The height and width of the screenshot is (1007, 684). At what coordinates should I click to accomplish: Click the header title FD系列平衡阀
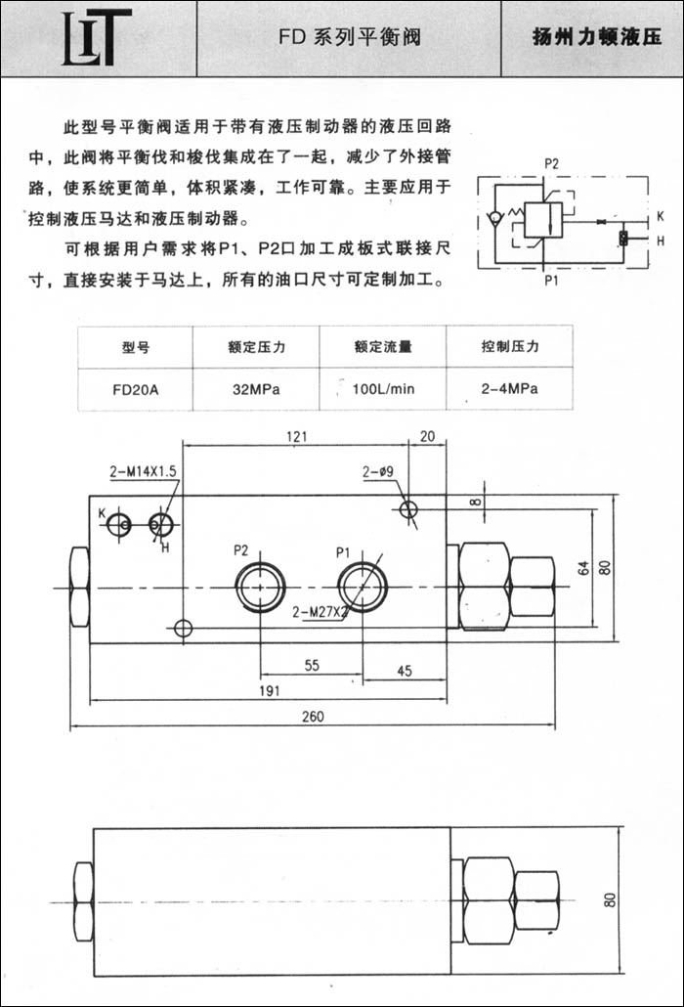click(350, 39)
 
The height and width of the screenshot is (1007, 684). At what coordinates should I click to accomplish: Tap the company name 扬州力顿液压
click(596, 39)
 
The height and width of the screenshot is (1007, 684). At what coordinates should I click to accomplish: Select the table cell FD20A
click(136, 389)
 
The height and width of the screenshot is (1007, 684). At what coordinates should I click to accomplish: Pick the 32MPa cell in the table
click(257, 389)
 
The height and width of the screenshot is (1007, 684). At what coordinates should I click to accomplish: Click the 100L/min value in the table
click(383, 389)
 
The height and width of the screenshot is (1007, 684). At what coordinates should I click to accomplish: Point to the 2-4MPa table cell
click(510, 389)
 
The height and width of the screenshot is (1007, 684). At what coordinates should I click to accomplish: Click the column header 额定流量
click(383, 346)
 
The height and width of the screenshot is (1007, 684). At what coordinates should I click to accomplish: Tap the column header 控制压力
click(510, 346)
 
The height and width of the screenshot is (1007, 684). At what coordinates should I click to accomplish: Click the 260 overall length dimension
click(312, 717)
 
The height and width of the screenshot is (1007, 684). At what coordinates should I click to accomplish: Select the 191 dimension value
click(270, 690)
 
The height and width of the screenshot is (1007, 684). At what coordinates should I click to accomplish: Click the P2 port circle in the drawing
click(261, 586)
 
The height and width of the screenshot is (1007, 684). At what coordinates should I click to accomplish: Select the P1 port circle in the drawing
click(363, 586)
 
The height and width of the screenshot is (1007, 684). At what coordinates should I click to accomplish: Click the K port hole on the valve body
click(120, 525)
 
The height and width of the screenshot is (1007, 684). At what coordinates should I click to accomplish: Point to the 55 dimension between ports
click(311, 665)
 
